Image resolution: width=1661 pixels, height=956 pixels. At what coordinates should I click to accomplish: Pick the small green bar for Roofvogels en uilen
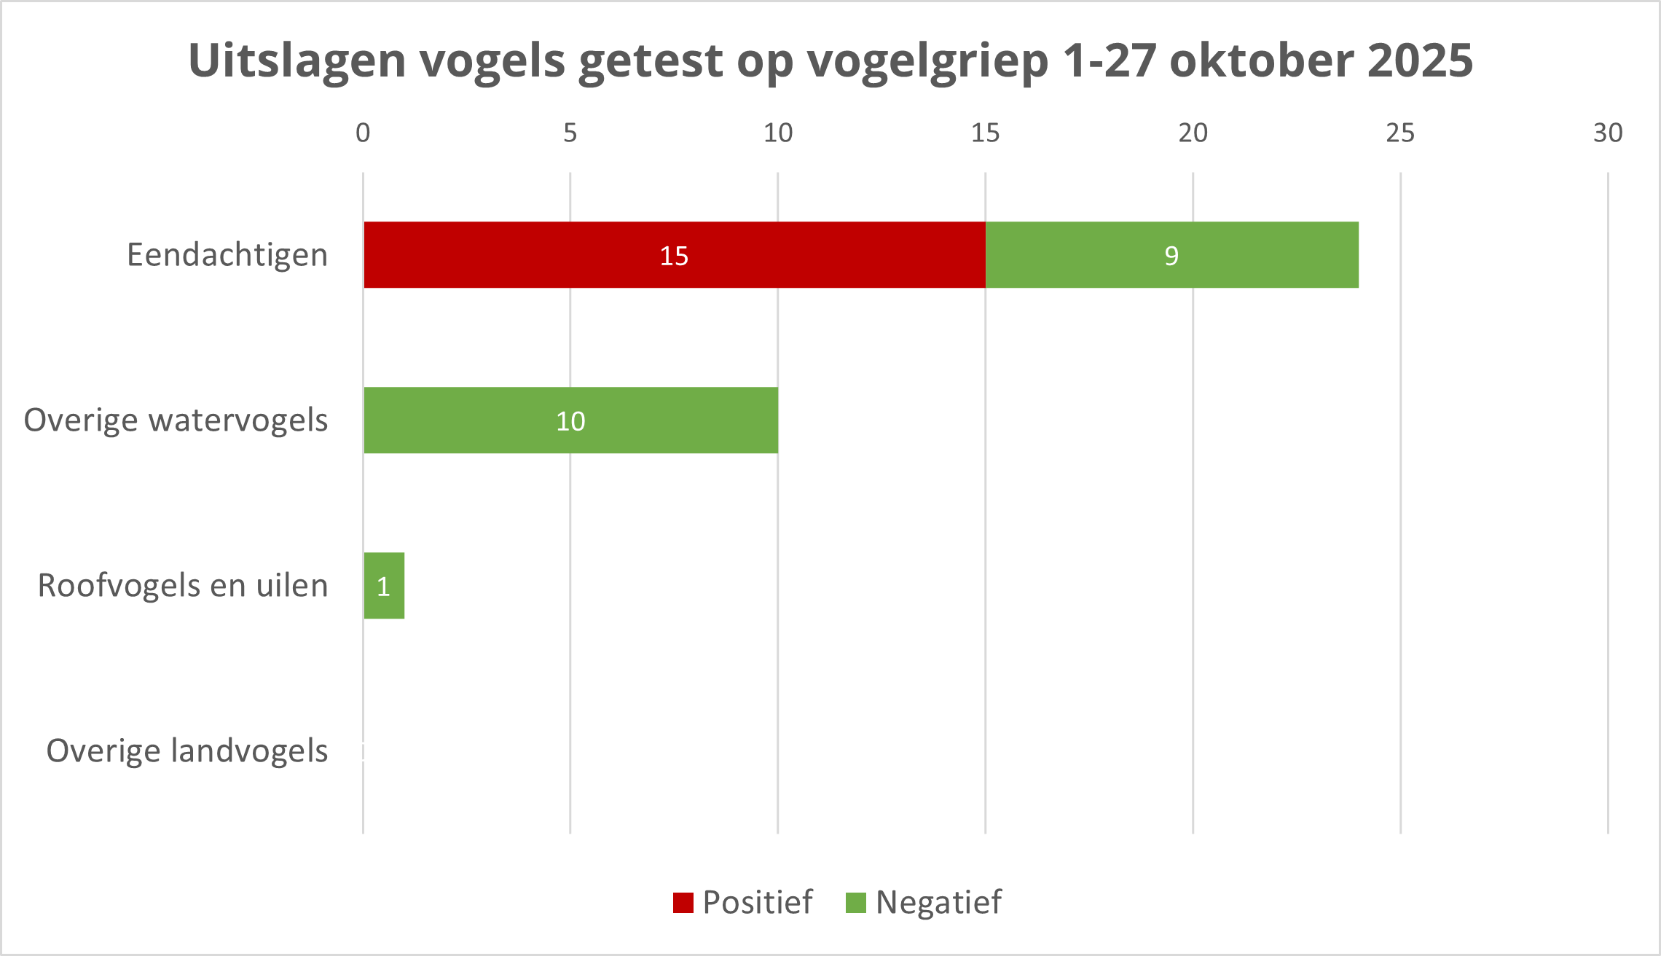click(384, 586)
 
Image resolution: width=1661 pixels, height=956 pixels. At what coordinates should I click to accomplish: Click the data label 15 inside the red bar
click(674, 256)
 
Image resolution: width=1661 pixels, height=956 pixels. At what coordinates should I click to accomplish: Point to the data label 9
click(1171, 256)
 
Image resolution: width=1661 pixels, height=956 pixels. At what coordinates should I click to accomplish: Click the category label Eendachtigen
click(227, 255)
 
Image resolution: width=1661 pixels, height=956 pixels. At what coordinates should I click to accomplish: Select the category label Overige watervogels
click(176, 420)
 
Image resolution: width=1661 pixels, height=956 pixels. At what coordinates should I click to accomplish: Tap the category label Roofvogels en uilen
click(183, 586)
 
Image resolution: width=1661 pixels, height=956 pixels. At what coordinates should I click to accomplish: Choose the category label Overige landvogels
click(187, 751)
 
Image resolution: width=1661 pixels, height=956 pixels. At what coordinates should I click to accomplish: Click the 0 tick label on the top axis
click(363, 133)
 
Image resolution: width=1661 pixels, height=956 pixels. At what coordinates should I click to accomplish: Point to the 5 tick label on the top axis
click(570, 133)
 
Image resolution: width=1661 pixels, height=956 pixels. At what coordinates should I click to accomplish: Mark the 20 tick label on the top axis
click(1193, 133)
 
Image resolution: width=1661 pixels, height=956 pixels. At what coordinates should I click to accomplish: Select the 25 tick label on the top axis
click(1400, 133)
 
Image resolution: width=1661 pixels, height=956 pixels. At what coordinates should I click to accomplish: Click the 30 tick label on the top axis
click(1608, 133)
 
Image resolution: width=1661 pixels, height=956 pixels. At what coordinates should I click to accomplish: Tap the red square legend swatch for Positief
click(683, 903)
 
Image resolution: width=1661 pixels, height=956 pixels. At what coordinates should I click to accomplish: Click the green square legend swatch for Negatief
click(856, 903)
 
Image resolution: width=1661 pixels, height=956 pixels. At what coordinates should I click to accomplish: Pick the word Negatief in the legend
click(938, 902)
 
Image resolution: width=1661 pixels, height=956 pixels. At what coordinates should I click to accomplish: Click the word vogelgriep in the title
click(927, 61)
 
